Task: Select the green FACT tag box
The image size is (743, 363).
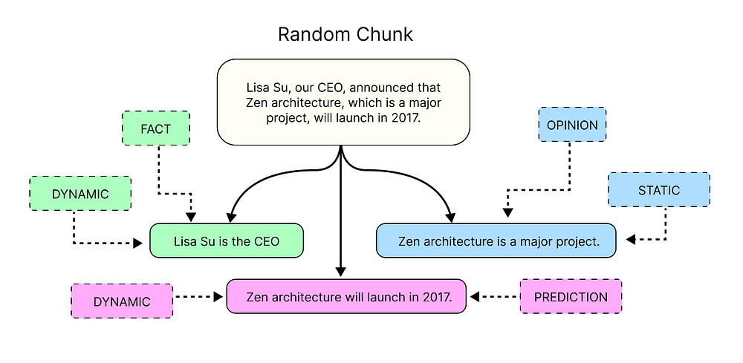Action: (x=155, y=128)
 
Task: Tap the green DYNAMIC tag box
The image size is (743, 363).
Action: (x=80, y=194)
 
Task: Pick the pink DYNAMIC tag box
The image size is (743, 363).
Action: (x=122, y=301)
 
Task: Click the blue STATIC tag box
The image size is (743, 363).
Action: (x=658, y=190)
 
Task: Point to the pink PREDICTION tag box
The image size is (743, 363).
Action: (x=571, y=297)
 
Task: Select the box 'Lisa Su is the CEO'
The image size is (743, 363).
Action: (x=227, y=241)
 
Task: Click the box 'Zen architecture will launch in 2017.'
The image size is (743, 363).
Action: (x=346, y=297)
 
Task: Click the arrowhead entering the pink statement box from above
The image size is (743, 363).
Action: (x=341, y=272)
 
